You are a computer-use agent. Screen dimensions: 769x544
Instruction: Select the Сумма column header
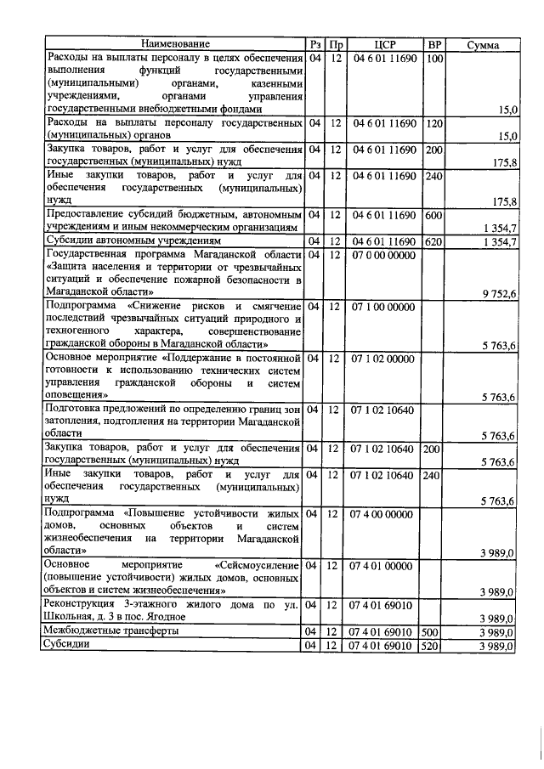(483, 44)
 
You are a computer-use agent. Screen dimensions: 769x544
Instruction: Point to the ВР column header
(433, 44)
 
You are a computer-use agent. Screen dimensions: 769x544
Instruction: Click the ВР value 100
(433, 58)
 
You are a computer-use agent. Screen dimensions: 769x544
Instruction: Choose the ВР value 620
(433, 242)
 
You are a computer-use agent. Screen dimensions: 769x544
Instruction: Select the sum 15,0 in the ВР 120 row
(507, 136)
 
